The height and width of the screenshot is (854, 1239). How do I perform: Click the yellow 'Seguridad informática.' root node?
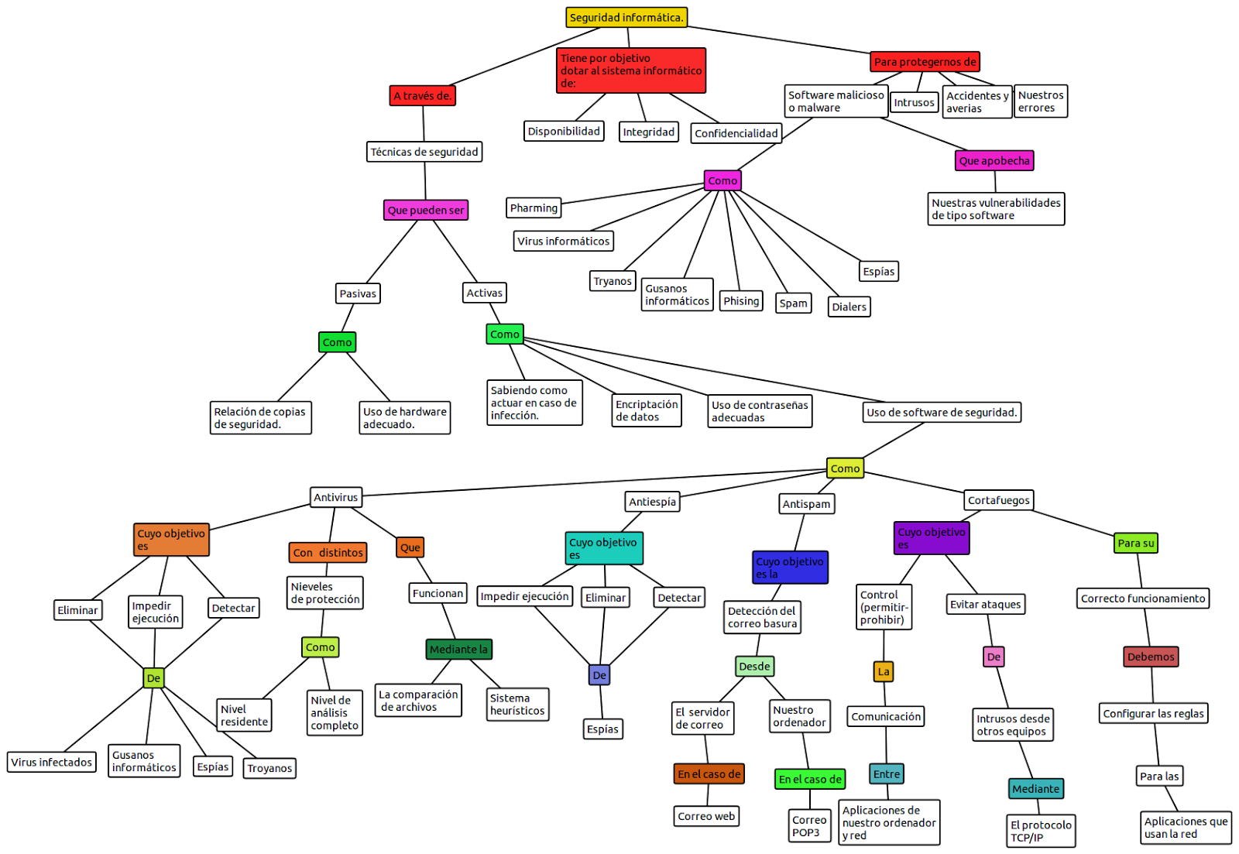click(x=626, y=17)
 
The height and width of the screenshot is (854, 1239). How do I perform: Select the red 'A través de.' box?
click(x=422, y=96)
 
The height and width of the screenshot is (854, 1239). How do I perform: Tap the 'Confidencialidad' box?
click(x=736, y=133)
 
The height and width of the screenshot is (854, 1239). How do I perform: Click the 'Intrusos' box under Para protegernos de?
click(x=914, y=102)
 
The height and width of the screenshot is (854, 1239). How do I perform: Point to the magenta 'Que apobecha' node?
click(x=994, y=160)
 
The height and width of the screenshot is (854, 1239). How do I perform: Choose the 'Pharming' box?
click(x=534, y=207)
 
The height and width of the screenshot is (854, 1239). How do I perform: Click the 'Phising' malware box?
click(x=741, y=301)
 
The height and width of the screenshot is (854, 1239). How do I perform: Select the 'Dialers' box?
click(x=849, y=307)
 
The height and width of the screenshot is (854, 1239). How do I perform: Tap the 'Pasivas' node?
click(x=358, y=293)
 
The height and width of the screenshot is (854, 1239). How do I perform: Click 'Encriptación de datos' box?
click(x=647, y=410)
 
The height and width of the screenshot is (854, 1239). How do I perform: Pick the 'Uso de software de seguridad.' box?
click(x=942, y=412)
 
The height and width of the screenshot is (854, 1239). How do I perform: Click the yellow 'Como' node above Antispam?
click(x=845, y=468)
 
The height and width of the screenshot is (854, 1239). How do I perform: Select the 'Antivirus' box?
click(x=335, y=497)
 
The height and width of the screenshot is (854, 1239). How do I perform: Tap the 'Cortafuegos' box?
click(x=998, y=500)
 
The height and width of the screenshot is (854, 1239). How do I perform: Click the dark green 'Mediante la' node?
click(x=458, y=649)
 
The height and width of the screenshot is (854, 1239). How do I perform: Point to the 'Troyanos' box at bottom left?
click(x=269, y=768)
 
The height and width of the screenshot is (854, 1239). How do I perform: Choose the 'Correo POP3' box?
click(x=809, y=826)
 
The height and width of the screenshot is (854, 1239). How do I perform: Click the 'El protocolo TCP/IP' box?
click(x=1041, y=831)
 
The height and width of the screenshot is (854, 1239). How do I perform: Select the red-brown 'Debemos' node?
click(x=1151, y=657)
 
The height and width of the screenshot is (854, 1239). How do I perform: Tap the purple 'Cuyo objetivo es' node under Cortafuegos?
click(x=932, y=538)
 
